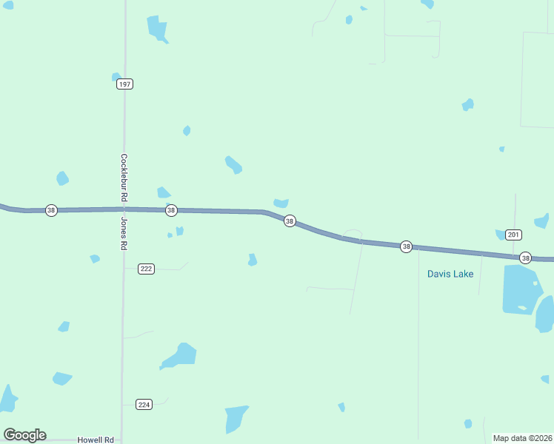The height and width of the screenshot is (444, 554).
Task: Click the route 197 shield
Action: [x=124, y=84]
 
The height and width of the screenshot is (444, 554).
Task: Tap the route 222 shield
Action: [x=146, y=269]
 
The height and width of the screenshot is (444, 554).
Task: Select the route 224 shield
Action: [x=144, y=404]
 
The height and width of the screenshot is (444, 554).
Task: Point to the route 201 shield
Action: [x=514, y=235]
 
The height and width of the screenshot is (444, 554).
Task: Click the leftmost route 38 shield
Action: [x=51, y=210]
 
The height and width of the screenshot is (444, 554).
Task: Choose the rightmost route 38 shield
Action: [x=525, y=258]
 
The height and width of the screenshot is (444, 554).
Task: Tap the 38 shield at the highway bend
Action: [x=290, y=221]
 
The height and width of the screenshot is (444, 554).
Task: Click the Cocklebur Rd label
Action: [x=124, y=178]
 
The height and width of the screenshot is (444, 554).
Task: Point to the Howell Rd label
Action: [x=96, y=440]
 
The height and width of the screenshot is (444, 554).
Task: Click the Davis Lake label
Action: [x=450, y=274]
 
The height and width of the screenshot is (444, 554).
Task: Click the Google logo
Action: [x=24, y=435]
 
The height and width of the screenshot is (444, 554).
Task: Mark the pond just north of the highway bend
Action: [x=281, y=203]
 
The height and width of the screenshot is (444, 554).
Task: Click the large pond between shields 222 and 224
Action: [x=181, y=355]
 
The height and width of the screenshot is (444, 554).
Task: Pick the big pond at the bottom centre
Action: [x=236, y=418]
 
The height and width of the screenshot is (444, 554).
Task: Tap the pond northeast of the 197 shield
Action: [x=158, y=29]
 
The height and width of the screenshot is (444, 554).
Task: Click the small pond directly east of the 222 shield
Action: [x=252, y=260]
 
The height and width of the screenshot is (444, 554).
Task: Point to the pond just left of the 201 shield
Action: [x=500, y=235]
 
